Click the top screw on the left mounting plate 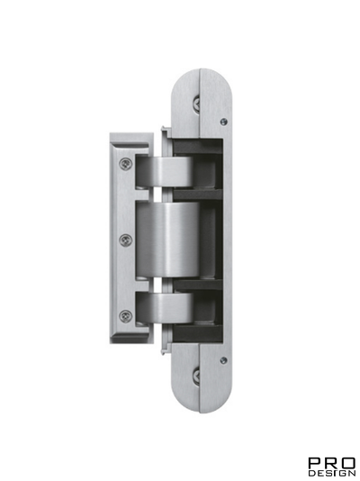pos(125,163)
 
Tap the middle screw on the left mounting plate pos(125,240)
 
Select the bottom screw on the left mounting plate pos(125,315)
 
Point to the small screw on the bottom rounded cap pos(223,360)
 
